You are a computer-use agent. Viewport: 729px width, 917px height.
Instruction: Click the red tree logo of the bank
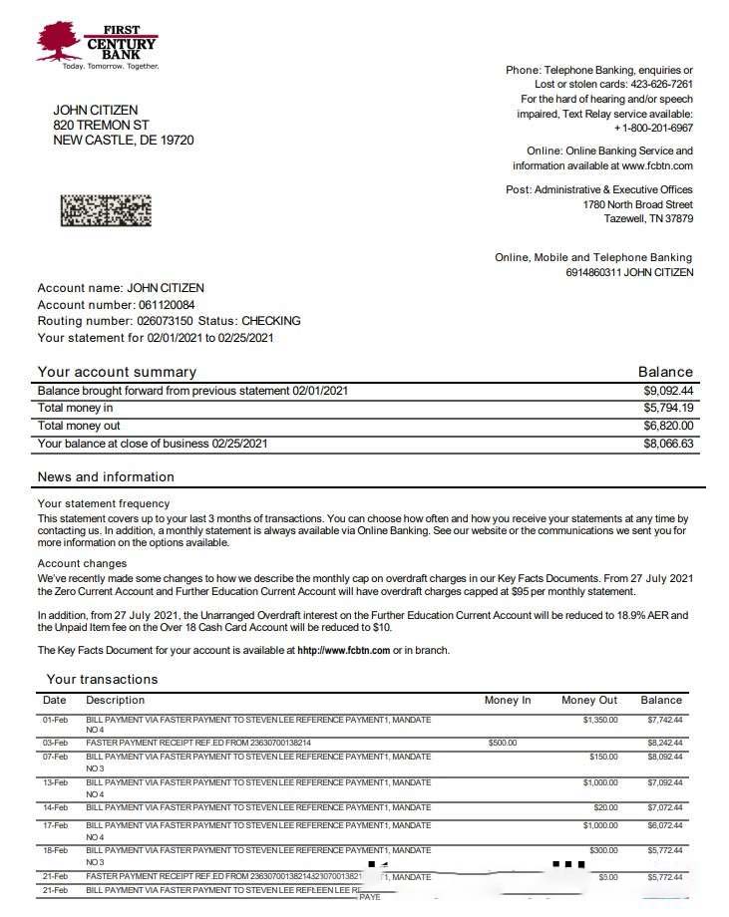(x=59, y=41)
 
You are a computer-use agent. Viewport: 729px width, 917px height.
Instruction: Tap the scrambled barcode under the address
(x=106, y=210)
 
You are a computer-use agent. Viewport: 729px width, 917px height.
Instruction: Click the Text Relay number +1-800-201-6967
(x=653, y=129)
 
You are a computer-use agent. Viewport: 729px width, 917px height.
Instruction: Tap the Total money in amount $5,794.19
(x=668, y=408)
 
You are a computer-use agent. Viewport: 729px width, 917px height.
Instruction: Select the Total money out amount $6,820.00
(x=668, y=426)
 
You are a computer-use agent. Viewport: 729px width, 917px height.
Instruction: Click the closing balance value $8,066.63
(x=668, y=444)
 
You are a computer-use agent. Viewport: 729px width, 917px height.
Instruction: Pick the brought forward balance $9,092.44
(x=668, y=391)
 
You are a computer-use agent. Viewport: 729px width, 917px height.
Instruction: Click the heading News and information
(x=106, y=476)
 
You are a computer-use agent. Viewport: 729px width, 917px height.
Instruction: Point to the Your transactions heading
(x=102, y=679)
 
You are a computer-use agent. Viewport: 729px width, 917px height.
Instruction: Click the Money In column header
(x=508, y=700)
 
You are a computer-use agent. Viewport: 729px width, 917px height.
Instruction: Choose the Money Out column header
(x=589, y=700)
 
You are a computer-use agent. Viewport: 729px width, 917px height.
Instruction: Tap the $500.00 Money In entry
(x=503, y=743)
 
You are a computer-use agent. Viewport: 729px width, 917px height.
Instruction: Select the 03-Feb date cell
(x=55, y=743)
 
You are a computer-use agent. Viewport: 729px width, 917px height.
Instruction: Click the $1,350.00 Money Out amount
(x=600, y=719)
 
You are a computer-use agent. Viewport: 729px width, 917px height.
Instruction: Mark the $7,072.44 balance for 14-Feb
(x=663, y=806)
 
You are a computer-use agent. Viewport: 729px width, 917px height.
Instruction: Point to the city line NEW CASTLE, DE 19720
(x=124, y=141)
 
